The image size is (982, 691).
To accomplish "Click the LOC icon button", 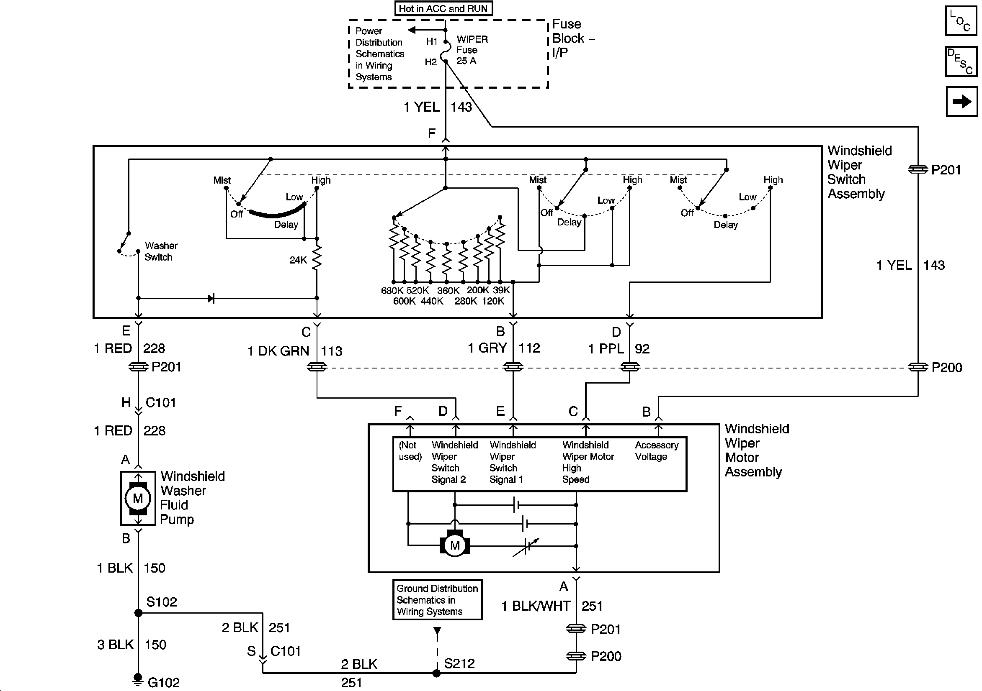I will click(x=961, y=20).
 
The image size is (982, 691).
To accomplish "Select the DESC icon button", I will click(x=961, y=61).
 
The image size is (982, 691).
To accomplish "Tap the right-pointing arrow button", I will click(x=961, y=102).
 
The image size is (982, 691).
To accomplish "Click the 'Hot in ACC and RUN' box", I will click(x=443, y=8).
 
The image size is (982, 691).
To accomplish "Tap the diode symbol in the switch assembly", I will click(x=211, y=298).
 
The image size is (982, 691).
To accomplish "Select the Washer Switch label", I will click(x=160, y=251).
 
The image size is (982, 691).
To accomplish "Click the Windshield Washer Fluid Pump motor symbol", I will click(x=138, y=498).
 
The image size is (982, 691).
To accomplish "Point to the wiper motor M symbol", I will click(x=455, y=545).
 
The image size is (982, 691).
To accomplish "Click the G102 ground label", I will click(x=163, y=683).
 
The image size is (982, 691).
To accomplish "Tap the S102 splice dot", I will click(x=138, y=613).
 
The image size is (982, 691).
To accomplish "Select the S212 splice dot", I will click(x=436, y=673).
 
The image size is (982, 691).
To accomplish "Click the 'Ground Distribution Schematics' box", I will click(x=437, y=599).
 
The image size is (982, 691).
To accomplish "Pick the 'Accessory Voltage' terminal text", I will click(x=657, y=451).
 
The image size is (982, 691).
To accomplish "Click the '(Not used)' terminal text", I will click(x=410, y=451).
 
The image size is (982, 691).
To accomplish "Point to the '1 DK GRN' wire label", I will click(x=278, y=351).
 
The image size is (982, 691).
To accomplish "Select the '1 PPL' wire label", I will click(x=606, y=349).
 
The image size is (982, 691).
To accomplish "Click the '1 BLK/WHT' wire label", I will click(x=536, y=606).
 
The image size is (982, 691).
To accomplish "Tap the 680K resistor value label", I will click(x=392, y=291).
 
